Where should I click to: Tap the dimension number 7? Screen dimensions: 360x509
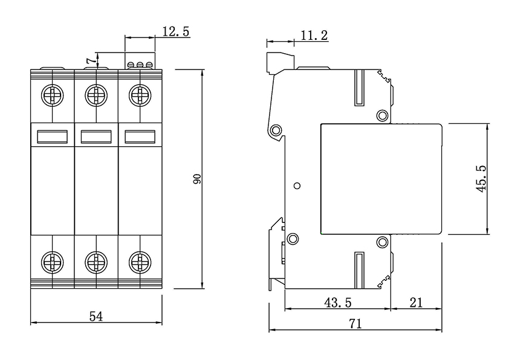pyautogui.click(x=89, y=60)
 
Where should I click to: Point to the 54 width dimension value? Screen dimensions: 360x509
pyautogui.click(x=96, y=316)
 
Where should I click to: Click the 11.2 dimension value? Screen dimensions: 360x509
pyautogui.click(x=314, y=36)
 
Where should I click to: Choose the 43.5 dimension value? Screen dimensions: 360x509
pyautogui.click(x=337, y=302)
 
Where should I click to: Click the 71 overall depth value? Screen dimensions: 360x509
pyautogui.click(x=355, y=324)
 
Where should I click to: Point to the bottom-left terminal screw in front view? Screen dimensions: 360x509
pyautogui.click(x=52, y=262)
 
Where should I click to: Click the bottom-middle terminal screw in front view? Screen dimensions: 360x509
pyautogui.click(x=96, y=262)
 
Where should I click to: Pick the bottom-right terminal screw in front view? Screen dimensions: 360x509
pyautogui.click(x=140, y=262)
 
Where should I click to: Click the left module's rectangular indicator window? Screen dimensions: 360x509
pyautogui.click(x=52, y=137)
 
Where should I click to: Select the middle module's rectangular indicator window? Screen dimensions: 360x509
pyautogui.click(x=96, y=137)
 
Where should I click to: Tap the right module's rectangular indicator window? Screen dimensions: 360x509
pyautogui.click(x=140, y=137)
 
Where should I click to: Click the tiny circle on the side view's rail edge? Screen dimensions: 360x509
pyautogui.click(x=296, y=185)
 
